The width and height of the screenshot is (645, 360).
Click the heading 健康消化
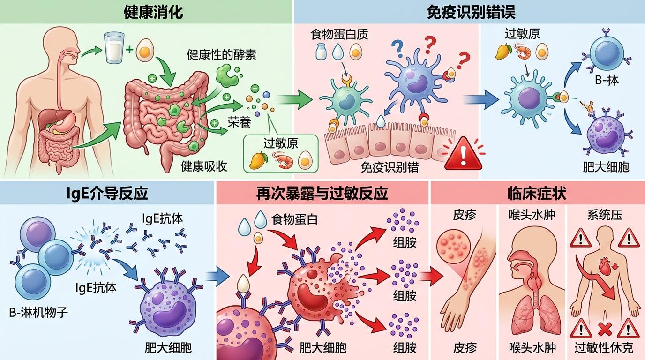pyautogui.click(x=153, y=12)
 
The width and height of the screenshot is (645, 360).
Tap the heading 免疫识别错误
pyautogui.click(x=471, y=12)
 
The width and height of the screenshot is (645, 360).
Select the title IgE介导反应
pyautogui.click(x=107, y=193)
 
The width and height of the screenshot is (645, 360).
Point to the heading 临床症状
pyautogui.click(x=537, y=193)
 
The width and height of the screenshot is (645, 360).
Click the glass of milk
pyautogui.click(x=115, y=47)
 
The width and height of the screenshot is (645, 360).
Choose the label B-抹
pyautogui.click(x=607, y=80)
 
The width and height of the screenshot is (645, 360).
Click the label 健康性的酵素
pyautogui.click(x=221, y=54)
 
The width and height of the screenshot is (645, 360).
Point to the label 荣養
pyautogui.click(x=239, y=122)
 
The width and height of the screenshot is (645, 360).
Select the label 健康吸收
pyautogui.click(x=204, y=166)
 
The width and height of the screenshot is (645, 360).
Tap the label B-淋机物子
pyautogui.click(x=38, y=312)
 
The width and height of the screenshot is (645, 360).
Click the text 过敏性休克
pyautogui.click(x=604, y=348)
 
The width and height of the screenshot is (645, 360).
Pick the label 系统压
pyautogui.click(x=605, y=215)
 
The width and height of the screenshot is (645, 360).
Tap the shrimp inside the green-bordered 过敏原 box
pyautogui.click(x=283, y=160)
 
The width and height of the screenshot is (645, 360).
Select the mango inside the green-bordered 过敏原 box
pyautogui.click(x=258, y=160)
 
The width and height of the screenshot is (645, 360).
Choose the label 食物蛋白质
pyautogui.click(x=339, y=34)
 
